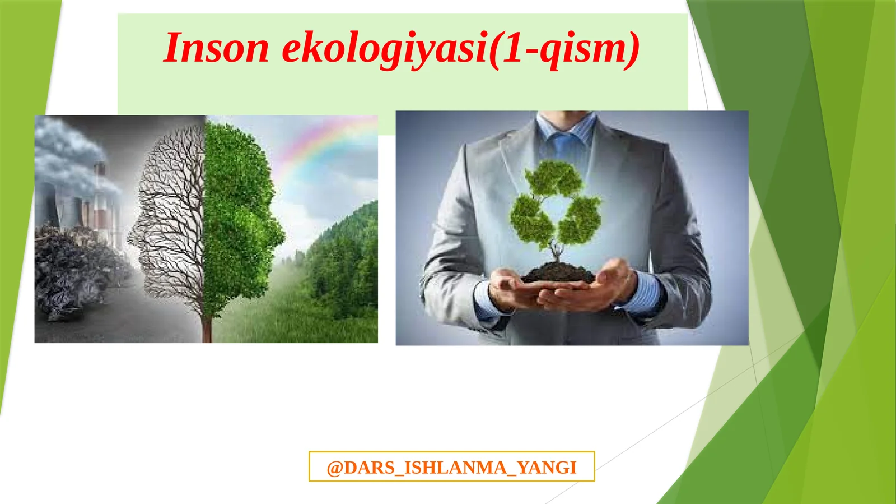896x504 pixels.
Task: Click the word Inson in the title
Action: coord(216,48)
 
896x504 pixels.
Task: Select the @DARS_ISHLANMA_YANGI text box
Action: coord(451,466)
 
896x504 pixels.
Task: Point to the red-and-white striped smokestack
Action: coord(100,196)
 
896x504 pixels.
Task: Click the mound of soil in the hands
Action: coord(557,274)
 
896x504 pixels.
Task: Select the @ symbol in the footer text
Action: coord(334,468)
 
